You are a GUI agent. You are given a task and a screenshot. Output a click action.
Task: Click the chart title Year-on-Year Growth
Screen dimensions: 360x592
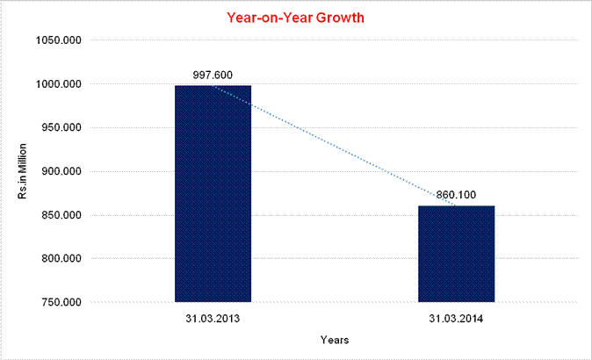point(295,18)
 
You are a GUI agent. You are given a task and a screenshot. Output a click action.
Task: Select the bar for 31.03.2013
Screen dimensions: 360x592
point(213,193)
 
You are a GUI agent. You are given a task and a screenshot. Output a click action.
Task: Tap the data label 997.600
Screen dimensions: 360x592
point(213,75)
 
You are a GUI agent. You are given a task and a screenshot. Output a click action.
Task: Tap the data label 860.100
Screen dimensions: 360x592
point(457,195)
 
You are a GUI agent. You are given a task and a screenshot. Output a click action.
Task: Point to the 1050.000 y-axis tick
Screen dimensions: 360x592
point(57,40)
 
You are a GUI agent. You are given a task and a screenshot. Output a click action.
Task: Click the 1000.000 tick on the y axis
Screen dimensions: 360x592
point(57,84)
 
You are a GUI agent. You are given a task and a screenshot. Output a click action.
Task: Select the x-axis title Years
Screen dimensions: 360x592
point(335,339)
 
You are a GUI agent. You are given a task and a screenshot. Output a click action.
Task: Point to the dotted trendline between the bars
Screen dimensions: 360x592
point(334,145)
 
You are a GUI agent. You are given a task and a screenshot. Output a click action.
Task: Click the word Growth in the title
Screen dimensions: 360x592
point(339,18)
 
